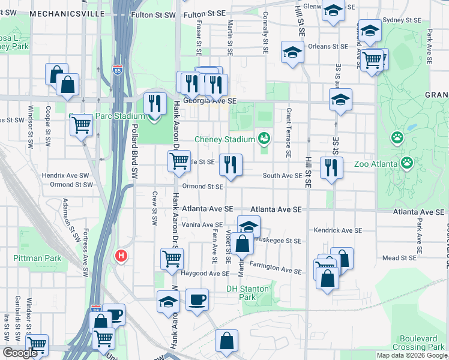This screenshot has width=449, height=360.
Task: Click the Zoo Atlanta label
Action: tap(376, 163)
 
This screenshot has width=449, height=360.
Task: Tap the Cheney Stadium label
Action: tap(224, 140)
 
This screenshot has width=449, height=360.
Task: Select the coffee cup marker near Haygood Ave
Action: tap(196, 299)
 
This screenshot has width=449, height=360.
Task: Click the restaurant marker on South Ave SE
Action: tap(231, 165)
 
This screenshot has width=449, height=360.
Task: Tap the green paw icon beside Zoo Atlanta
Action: tap(407, 163)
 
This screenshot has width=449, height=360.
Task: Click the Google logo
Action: tap(19, 353)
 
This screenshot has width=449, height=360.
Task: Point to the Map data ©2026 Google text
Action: tap(412, 355)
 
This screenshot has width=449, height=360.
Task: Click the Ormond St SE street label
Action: tap(203, 187)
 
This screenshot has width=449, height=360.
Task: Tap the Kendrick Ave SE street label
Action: tap(338, 230)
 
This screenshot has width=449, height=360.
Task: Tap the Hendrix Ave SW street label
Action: tap(65, 176)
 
